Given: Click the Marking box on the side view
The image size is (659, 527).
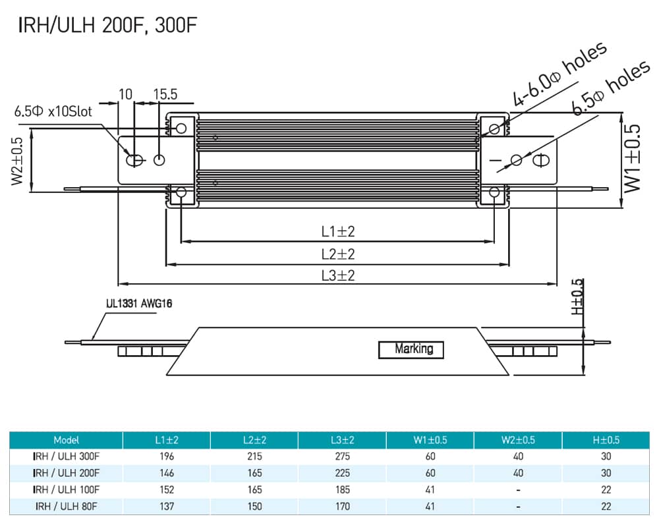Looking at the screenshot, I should tap(411, 350).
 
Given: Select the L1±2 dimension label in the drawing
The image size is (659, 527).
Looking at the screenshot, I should tap(338, 232).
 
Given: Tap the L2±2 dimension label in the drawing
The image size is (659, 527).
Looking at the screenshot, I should tap(338, 254).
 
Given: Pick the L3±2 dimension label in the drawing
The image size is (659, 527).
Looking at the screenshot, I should tap(338, 276).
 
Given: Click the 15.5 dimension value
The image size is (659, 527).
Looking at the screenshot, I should tap(165, 94).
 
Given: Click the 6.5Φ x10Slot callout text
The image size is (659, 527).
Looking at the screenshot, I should tap(54, 111).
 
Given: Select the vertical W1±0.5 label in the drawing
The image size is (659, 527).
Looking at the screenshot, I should tap(632, 159).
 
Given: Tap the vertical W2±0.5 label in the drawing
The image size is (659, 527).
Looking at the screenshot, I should tap(18, 162).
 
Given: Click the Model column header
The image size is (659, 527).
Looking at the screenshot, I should tap(66, 440).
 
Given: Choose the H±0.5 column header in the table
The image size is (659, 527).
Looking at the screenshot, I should tap(606, 440).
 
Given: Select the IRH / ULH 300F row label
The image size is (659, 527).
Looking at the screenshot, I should tap(66, 457).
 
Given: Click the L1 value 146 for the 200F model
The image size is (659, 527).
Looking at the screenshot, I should tap(166, 473).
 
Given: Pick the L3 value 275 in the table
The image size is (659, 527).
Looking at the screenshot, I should tap(342, 457).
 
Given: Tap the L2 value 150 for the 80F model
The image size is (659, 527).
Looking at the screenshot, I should tap(254, 507).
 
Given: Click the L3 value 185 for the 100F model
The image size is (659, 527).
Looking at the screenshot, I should tap(342, 489).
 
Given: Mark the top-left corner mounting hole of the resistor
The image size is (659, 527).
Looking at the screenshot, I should tap(181, 127).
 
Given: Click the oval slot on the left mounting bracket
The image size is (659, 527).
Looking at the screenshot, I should tap(135, 160).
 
